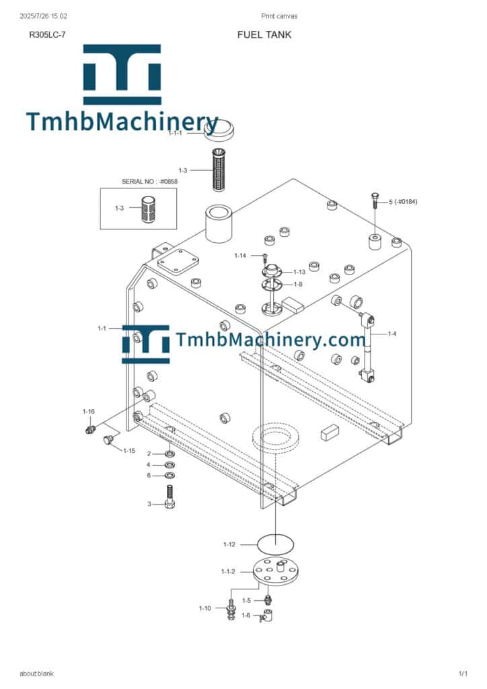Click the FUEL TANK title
coord(264,35)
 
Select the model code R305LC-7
coord(48,35)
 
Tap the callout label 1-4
coord(391,334)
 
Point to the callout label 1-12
coord(229,544)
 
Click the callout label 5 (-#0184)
coord(403,202)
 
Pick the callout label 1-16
coord(88,412)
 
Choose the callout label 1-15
coord(129,450)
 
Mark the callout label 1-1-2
coord(228,572)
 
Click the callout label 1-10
coord(204,608)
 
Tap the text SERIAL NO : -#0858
coord(149,181)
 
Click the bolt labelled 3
coord(170,497)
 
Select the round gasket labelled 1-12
coord(275,544)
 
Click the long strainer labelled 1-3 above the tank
coord(219,170)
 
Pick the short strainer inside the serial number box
coord(147,209)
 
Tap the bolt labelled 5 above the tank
coord(375,201)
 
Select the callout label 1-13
coord(299,272)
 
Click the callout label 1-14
coord(240,256)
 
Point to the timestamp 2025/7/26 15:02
coord(44,16)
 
